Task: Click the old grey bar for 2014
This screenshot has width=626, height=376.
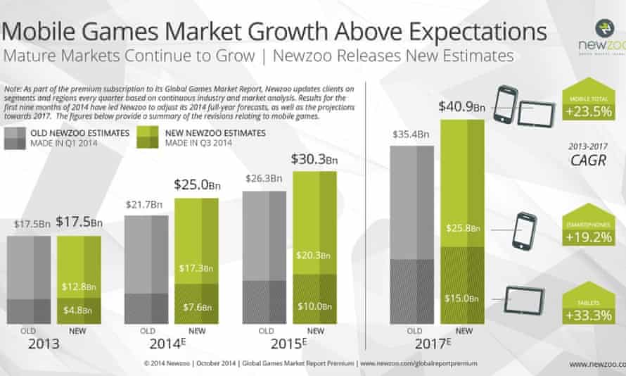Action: (x=146, y=268)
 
